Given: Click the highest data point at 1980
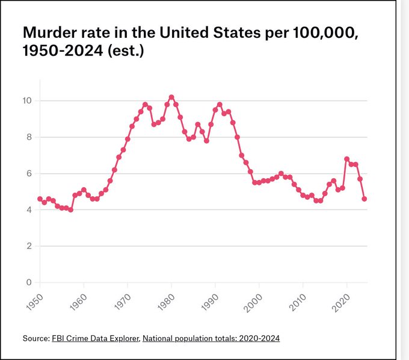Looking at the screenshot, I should tap(171, 97).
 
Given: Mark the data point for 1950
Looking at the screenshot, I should tap(40, 199).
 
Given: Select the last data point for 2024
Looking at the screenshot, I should tap(364, 199).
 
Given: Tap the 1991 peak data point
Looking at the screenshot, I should tap(220, 105).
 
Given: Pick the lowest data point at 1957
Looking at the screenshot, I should tap(70, 209).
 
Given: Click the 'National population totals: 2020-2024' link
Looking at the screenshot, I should tap(211, 338).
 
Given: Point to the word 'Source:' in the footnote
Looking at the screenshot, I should tap(35, 338).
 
